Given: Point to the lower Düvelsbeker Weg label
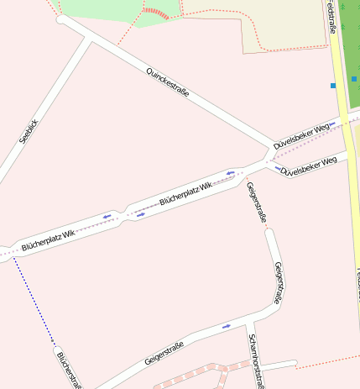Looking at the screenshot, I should (x=309, y=165).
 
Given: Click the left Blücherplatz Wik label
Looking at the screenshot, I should (x=50, y=236).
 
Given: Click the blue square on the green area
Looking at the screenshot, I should (x=354, y=79).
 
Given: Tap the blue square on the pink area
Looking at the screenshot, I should (x=333, y=86).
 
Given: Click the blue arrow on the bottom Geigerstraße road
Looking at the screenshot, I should (x=226, y=326).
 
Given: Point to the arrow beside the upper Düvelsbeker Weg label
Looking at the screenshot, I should (x=333, y=124).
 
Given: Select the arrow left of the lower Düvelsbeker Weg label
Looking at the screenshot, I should (x=278, y=169).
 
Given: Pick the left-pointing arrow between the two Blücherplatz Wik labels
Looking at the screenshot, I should (x=107, y=217).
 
